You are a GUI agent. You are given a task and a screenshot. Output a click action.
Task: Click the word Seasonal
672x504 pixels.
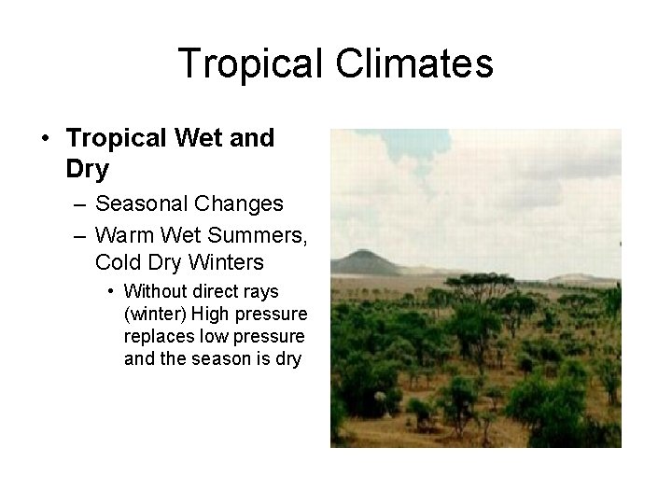pos(137,203)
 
